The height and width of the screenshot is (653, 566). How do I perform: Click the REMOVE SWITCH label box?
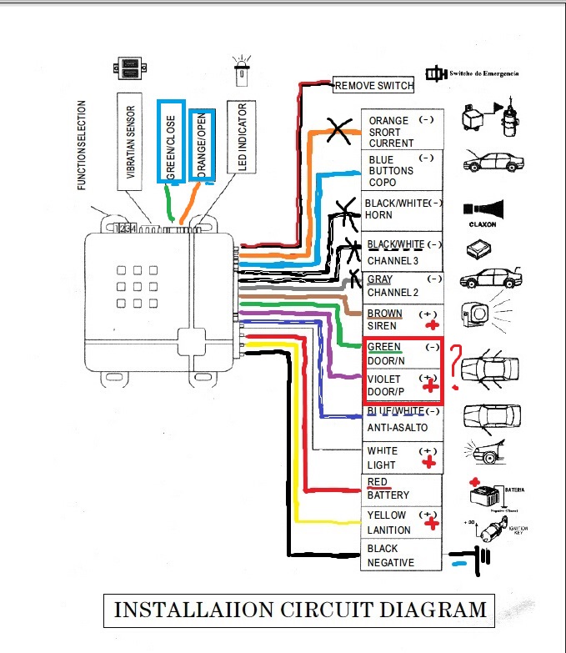373,85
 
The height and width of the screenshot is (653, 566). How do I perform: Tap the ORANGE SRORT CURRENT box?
401,131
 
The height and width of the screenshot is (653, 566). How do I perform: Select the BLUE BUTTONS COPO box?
401,170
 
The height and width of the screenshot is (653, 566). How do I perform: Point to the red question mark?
456,367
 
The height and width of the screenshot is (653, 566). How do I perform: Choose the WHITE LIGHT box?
401,458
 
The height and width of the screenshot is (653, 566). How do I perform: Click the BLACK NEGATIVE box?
401,555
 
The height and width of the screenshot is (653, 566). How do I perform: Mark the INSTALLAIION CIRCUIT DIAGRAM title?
299,610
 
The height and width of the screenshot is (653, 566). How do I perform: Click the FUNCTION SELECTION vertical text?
82,146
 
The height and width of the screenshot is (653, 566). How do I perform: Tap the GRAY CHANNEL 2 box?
401,286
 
